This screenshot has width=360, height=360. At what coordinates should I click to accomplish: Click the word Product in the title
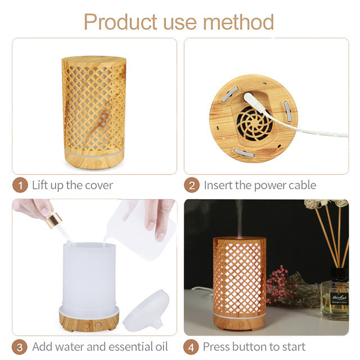point(119,22)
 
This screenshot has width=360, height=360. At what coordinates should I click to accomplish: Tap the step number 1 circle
point(20,185)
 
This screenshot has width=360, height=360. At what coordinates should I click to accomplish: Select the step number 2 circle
point(192,185)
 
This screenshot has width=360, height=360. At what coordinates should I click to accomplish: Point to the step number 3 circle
point(20,346)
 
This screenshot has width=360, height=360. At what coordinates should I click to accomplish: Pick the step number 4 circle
point(192,346)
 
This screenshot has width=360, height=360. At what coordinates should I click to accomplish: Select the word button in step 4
point(256,346)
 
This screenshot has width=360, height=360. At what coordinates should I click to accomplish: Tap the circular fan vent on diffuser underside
point(254,123)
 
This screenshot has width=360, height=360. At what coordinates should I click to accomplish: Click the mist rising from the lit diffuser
point(240,217)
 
